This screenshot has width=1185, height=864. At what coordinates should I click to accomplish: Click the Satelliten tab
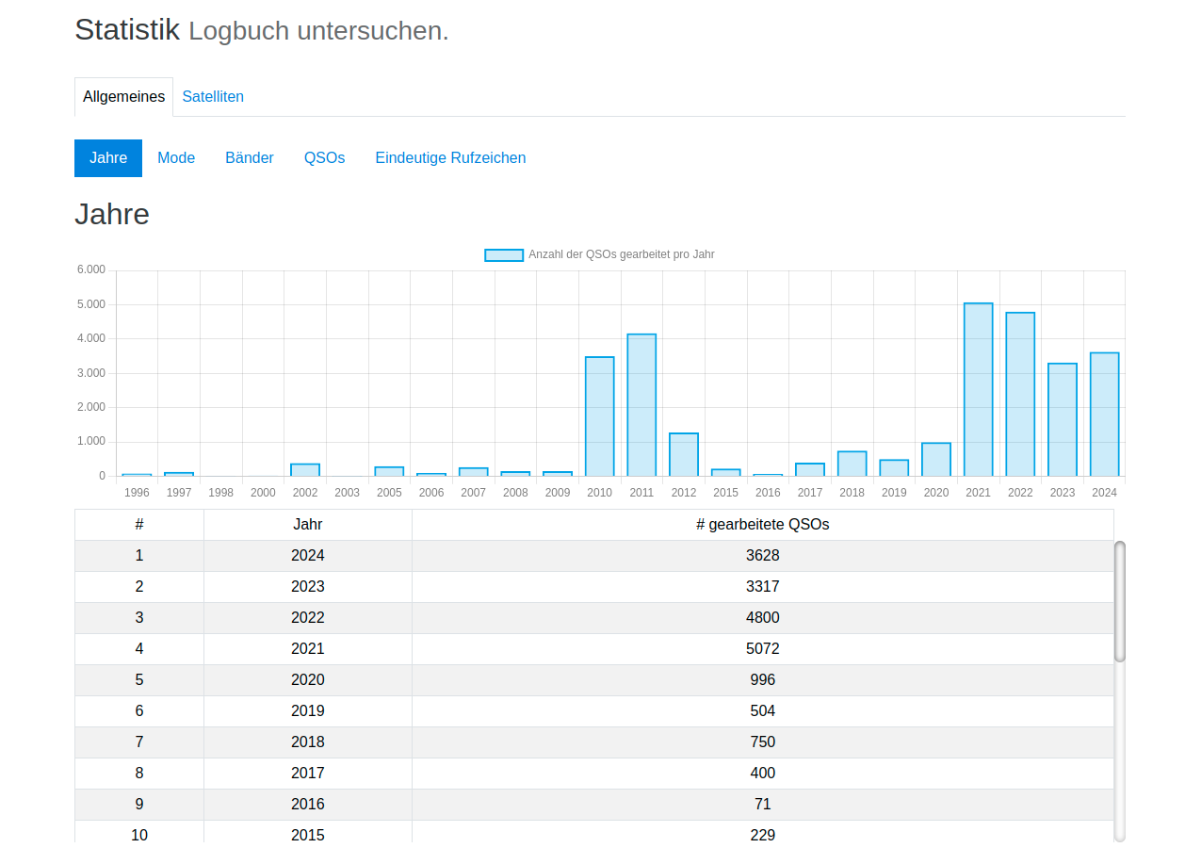[x=213, y=97]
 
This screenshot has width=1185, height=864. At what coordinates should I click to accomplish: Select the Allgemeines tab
[x=123, y=97]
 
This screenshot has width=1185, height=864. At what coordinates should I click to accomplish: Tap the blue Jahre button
[x=108, y=158]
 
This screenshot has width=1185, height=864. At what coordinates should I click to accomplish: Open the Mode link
[x=176, y=158]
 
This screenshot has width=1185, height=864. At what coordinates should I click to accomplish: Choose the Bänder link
[x=250, y=158]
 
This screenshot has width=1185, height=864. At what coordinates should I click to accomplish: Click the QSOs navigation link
[x=324, y=158]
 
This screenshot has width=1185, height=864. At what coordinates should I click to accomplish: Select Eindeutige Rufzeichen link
[x=450, y=158]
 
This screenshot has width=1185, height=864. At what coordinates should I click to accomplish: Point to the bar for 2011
[x=641, y=405]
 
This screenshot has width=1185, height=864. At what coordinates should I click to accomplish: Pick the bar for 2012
[x=684, y=454]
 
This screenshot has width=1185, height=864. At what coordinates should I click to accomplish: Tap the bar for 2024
[x=1104, y=415]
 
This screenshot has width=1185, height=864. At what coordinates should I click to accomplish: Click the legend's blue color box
[x=503, y=254]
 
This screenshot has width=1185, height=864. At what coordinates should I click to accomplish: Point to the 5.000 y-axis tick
[x=90, y=304]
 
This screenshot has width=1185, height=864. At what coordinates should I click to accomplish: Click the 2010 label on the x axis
[x=599, y=493]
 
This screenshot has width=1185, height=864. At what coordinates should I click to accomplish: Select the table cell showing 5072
[x=762, y=648]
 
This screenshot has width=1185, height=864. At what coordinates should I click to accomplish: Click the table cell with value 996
[x=762, y=679]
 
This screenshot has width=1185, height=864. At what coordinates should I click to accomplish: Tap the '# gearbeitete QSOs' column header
[x=762, y=525]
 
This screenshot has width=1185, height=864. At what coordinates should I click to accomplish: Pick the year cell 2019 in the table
[x=307, y=710]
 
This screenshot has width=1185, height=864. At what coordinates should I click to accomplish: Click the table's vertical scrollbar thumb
[x=1119, y=601]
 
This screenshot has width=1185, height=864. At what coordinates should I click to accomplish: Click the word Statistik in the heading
[x=127, y=30]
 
